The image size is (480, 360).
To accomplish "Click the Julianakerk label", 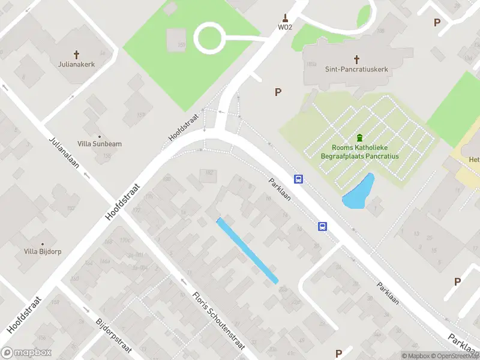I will click(x=77, y=64).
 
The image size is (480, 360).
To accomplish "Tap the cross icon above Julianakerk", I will click(x=77, y=54).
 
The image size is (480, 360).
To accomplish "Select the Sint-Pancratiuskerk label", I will click(x=356, y=69).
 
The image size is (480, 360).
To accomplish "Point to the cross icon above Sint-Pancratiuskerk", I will click(x=356, y=59).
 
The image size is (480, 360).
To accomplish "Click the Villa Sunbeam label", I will click(x=100, y=144).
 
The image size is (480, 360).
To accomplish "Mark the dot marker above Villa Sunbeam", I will click(x=100, y=136).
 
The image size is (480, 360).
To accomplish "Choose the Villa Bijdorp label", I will click(x=43, y=251).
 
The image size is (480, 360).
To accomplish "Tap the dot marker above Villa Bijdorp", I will click(x=43, y=244).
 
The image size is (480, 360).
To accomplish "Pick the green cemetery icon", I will click(x=360, y=138).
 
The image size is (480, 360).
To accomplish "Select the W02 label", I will click(x=284, y=27).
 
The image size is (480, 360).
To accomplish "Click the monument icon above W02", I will click(x=284, y=17).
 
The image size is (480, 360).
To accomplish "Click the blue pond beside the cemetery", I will click(x=358, y=192).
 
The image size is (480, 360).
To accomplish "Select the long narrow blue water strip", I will click(x=247, y=250).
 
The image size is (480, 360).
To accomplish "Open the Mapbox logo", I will click(x=26, y=353).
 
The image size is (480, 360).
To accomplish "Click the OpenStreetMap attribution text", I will click(x=454, y=356).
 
